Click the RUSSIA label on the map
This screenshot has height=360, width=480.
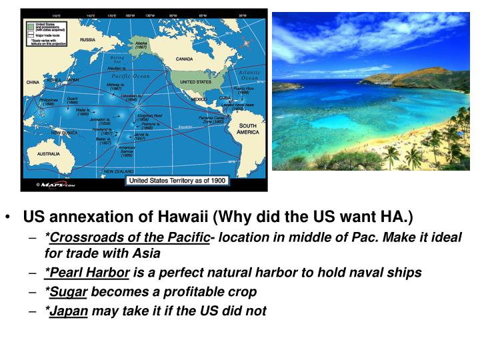[87, 40]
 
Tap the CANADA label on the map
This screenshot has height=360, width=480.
[184, 59]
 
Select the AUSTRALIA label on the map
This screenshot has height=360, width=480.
[47, 154]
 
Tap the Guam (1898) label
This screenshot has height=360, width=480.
[73, 100]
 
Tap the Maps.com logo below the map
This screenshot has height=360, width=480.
[58, 184]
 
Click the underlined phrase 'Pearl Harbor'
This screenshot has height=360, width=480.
[87, 272]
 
